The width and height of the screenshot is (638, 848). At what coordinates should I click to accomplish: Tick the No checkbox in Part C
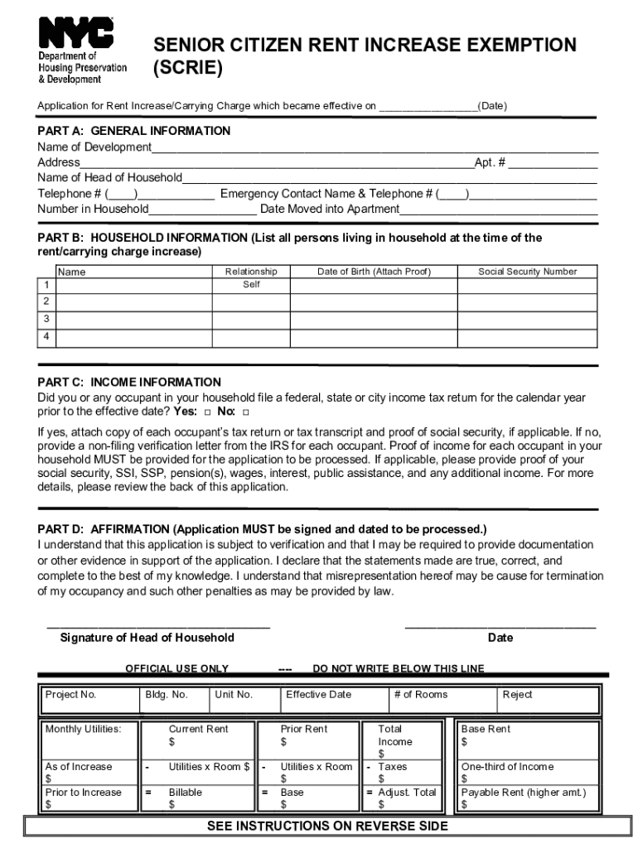tap(246, 412)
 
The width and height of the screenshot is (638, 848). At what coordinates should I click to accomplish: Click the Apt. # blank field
tap(553, 163)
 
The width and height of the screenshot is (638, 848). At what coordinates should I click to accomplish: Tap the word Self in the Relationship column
tap(251, 285)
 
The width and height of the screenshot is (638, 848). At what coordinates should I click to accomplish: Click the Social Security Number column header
tap(527, 272)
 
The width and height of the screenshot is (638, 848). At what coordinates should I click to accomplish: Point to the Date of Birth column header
tap(375, 272)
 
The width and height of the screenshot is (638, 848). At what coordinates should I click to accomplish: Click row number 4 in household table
tap(46, 336)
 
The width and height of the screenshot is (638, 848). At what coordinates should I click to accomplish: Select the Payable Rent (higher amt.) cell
tap(529, 798)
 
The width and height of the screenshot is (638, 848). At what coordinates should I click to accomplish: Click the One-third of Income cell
tap(529, 773)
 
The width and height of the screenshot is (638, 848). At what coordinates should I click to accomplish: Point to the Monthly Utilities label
tap(83, 730)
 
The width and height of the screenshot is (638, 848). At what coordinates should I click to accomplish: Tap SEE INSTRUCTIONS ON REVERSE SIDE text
tap(327, 826)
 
